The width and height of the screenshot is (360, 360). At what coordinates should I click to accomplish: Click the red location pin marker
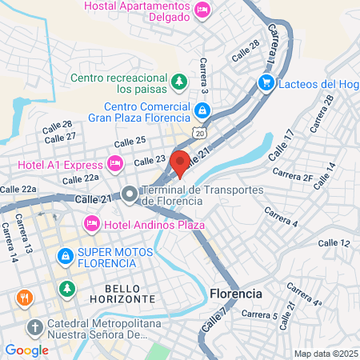point(180,162)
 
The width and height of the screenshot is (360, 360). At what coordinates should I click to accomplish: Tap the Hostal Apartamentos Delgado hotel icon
point(202,10)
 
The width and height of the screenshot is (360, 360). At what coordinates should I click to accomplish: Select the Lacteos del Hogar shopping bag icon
point(266,82)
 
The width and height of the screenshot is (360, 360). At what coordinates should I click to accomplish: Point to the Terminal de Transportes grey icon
point(129,194)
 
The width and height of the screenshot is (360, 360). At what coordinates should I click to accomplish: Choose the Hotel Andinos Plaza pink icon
point(91,222)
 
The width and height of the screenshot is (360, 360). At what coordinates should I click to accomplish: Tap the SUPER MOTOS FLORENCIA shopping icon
point(65,257)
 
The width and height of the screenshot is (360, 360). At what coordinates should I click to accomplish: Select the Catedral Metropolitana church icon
point(34,327)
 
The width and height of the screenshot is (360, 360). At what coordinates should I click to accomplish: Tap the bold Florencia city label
point(235,294)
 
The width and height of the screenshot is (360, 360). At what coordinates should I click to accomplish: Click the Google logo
point(26,350)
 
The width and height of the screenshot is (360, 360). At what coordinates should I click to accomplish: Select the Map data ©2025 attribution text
point(325,354)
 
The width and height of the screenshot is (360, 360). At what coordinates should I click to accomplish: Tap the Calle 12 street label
point(334,242)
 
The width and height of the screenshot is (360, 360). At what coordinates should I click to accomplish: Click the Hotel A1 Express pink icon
point(115,163)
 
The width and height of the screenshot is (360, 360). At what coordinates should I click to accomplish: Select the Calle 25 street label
point(130,141)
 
